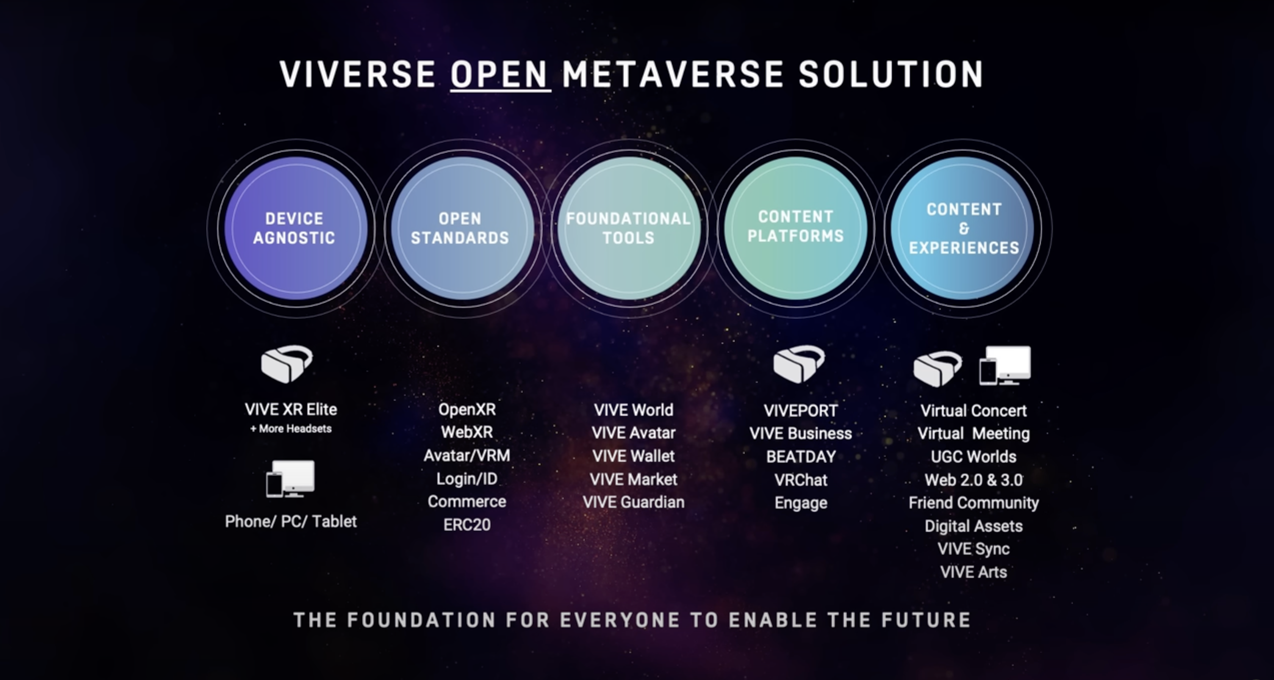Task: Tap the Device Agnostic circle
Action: pos(296,228)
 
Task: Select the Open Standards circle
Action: pos(463,228)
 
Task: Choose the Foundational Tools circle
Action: pos(629,228)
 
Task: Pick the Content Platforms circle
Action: pos(796,228)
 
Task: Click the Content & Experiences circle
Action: pos(962,228)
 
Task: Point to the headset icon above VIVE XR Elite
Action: pos(287,364)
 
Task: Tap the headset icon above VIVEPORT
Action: pos(799,364)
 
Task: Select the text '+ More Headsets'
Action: pos(291,429)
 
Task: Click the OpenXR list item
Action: pos(467,409)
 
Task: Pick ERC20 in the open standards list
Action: pos(467,525)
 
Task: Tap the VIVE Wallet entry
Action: pos(634,456)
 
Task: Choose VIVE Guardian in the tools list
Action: pos(634,502)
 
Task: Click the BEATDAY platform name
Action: pos(801,456)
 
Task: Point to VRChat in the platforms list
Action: pos(801,480)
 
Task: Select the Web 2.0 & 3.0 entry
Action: pos(974,480)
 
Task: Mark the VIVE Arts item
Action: pos(974,572)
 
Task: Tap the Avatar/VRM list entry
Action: pos(467,456)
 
